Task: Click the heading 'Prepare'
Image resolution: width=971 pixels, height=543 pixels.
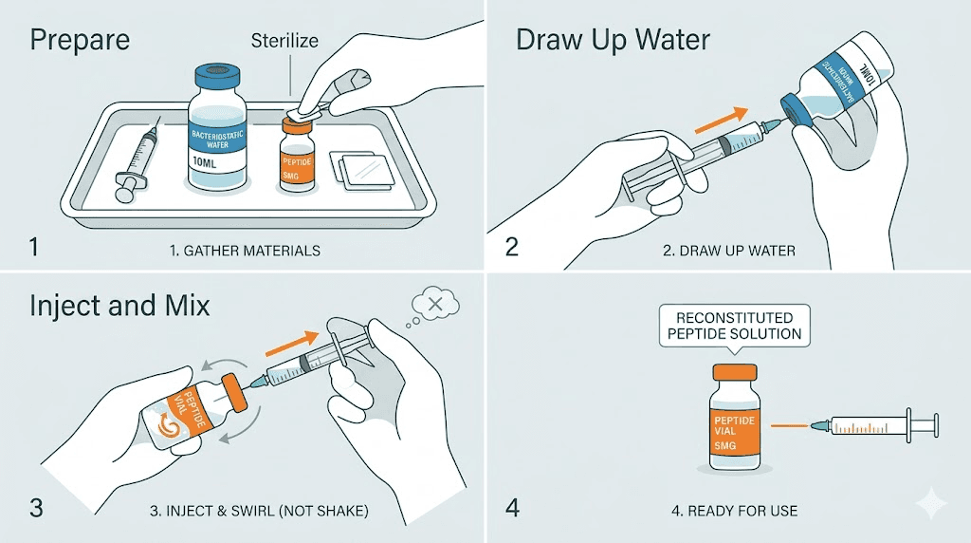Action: coord(80,42)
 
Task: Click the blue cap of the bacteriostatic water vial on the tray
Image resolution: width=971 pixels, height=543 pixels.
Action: coord(220,76)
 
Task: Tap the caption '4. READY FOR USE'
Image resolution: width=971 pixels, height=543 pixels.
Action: coord(734,511)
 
